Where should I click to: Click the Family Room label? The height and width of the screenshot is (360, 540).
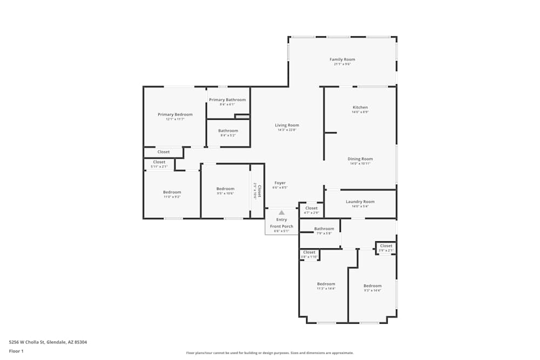[342, 59]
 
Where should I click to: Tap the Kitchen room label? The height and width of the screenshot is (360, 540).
[360, 107]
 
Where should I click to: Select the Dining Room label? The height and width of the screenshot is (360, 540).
[360, 159]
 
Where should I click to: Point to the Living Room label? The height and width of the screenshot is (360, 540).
[287, 125]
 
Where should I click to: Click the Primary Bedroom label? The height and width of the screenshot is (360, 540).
[175, 114]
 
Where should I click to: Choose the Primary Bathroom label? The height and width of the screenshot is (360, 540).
[227, 100]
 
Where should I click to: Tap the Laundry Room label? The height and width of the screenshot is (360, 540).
[360, 202]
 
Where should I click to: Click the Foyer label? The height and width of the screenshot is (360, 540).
[280, 183]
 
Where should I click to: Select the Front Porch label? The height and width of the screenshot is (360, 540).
[281, 226]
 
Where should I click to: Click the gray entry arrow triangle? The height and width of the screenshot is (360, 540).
[281, 213]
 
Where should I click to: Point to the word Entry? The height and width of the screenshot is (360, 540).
[281, 220]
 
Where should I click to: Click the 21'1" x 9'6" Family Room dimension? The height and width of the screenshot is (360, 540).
[342, 64]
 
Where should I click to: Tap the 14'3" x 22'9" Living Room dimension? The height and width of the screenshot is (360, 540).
[287, 130]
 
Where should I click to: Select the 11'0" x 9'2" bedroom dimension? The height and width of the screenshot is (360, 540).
[172, 197]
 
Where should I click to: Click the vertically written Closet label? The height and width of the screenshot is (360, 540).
[259, 191]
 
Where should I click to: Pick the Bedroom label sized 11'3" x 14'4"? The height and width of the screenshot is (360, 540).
[326, 284]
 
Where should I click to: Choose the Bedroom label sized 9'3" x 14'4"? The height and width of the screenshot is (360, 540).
[372, 286]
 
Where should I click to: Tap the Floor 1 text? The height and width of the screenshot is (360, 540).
[16, 351]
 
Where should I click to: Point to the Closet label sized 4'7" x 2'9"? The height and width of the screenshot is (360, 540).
[312, 208]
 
